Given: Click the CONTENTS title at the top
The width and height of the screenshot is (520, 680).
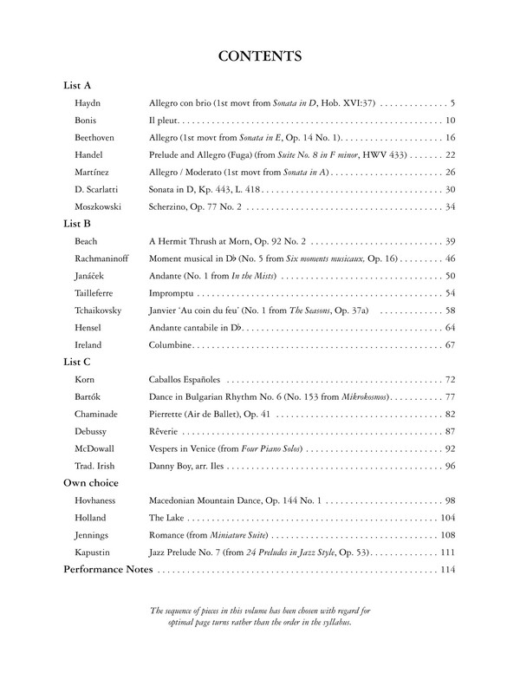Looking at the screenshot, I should coord(260,57).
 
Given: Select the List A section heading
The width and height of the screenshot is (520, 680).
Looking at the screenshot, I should coord(78,86).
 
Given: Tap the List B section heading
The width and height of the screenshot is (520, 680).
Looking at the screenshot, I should coord(78,223).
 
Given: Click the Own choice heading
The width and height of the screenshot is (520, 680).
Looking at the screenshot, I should coord(91,482).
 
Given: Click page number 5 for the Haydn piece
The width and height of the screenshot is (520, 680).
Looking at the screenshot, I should coord(452,103).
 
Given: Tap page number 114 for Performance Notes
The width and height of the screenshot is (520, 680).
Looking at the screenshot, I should coord(447,570).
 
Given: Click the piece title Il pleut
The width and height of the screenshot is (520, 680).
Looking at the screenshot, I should coord(165,121).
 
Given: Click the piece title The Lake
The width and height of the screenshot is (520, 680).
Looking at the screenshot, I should coord(166,518).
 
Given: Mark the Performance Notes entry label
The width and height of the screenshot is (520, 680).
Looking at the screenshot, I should coord(108,570).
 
